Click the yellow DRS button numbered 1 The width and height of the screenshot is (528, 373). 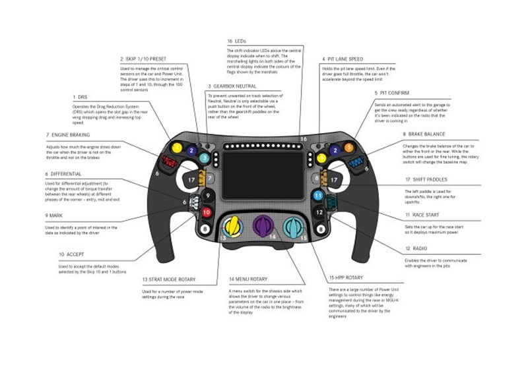[177, 146]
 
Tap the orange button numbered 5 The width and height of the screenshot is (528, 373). [349, 146]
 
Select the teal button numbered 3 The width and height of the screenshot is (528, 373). [205, 158]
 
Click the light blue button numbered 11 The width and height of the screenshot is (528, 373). [317, 195]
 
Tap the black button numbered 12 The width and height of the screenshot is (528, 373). [320, 212]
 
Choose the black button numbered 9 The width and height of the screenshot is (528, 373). [207, 195]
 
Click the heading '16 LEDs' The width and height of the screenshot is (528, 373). [236, 41]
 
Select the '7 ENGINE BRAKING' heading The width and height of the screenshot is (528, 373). [67, 135]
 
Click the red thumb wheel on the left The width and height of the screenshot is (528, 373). [167, 160]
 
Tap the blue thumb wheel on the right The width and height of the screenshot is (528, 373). [359, 161]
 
